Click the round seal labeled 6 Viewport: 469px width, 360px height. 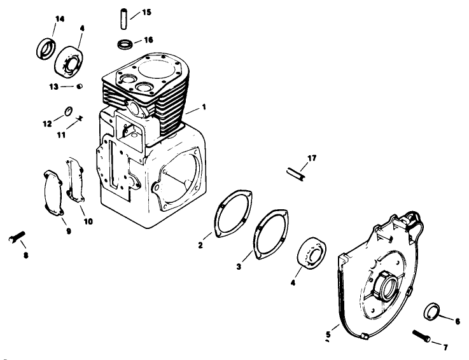pyautogui.click(x=433, y=314)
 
